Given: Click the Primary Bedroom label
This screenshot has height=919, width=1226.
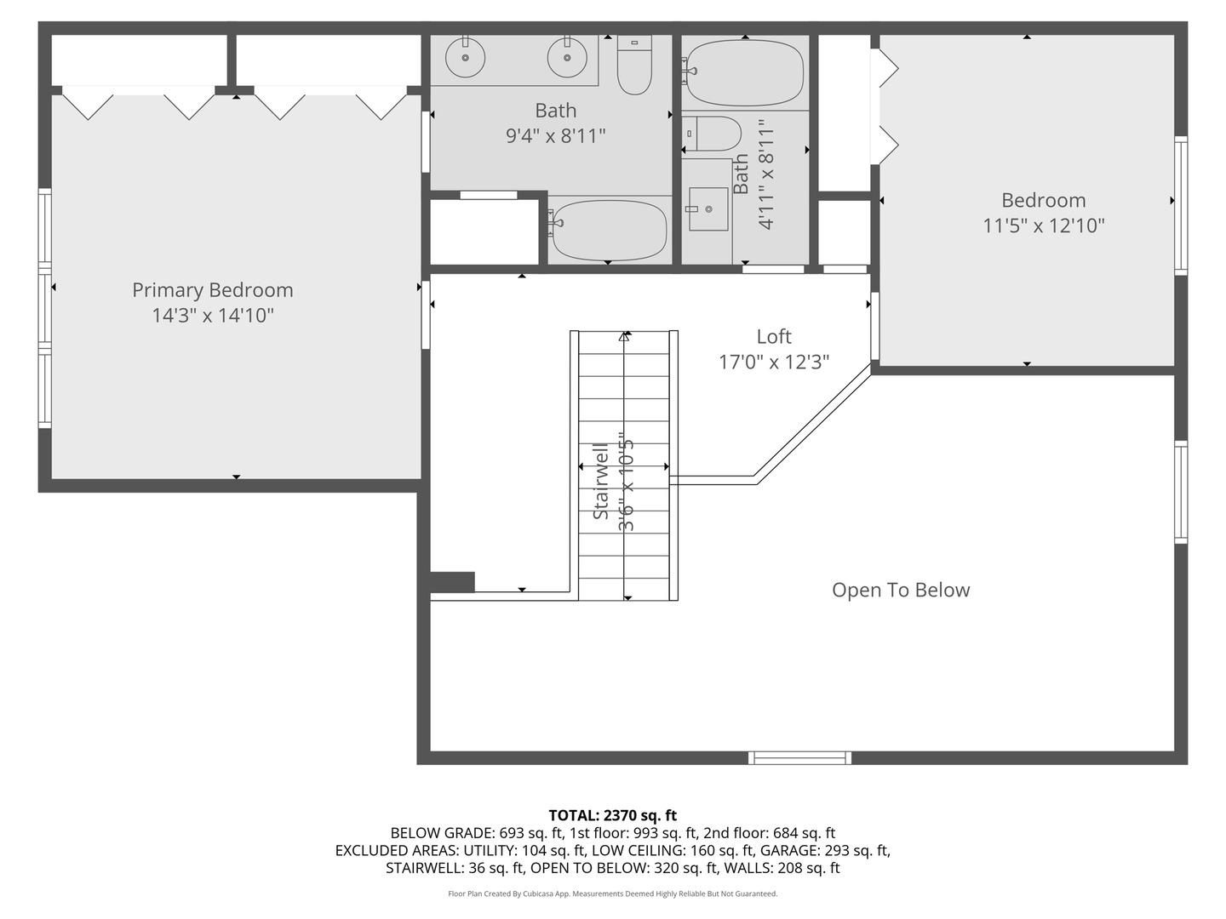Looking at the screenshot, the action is tap(212, 290).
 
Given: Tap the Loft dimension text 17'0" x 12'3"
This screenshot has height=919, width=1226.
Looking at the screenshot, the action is tap(774, 362).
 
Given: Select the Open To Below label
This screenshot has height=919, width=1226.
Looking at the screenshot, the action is tap(901, 590).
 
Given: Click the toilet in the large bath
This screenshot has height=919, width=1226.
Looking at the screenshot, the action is tap(634, 65).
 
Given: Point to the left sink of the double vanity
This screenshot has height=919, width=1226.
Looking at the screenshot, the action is tap(465, 58).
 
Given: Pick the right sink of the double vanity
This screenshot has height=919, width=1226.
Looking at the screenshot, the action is tap(567, 58).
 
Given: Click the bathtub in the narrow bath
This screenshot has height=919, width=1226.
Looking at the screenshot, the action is tap(744, 72).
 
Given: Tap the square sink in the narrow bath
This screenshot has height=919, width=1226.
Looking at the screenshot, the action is tap(708, 208).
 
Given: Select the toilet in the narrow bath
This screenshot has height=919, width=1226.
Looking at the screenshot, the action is tap(711, 134).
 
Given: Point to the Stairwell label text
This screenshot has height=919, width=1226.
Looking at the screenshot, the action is tap(600, 481).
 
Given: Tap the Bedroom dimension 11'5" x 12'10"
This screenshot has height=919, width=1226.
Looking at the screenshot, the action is tap(1043, 226).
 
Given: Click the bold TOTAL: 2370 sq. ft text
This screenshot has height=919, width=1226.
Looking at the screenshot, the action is tap(613, 815).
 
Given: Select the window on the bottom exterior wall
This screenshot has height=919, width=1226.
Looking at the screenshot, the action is tap(799, 757).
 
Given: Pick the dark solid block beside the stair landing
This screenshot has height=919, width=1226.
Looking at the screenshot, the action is tap(452, 581).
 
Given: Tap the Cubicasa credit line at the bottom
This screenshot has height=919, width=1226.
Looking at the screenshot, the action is tap(613, 893).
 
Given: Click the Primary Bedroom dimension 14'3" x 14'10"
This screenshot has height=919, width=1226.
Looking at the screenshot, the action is tap(213, 316).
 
